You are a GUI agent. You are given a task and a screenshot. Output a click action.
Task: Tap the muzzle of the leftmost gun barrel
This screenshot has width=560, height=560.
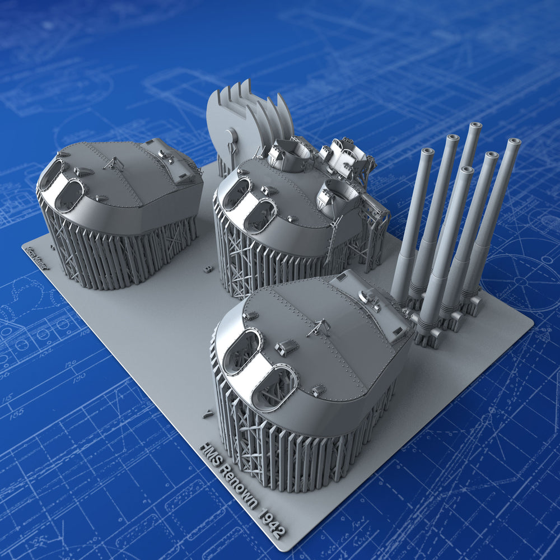[x=427, y=152]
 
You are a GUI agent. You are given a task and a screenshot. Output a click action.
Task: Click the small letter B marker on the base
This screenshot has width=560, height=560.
[x=208, y=269]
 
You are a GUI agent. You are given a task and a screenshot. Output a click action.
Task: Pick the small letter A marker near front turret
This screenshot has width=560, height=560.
[x=208, y=414]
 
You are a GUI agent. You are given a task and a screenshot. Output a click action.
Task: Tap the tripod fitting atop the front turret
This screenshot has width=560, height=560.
[x=318, y=327]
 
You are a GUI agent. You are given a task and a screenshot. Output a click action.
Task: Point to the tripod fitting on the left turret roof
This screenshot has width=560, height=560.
[x=114, y=164]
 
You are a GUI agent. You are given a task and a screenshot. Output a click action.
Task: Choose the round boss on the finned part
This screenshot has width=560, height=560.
[x=230, y=136]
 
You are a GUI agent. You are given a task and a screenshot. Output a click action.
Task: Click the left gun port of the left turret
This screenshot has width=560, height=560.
[x=50, y=174]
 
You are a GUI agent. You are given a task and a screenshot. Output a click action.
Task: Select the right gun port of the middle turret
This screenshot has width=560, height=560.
[x=259, y=216]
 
